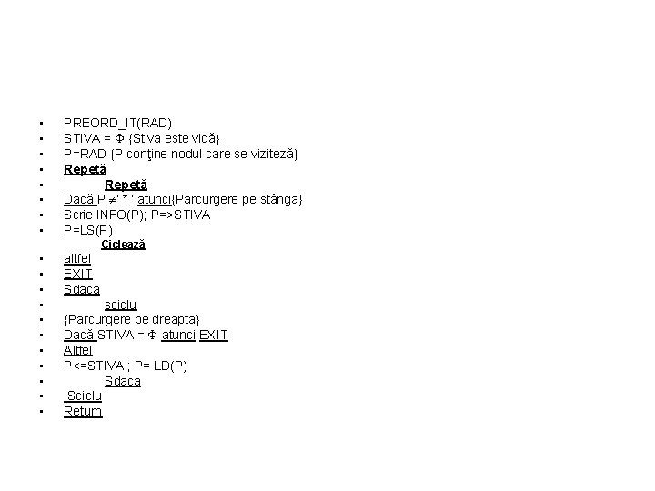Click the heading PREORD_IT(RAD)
(117, 122)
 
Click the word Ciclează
(124, 245)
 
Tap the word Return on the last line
(83, 411)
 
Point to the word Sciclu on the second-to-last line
(85, 396)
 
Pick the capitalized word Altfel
(78, 350)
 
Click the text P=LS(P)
(88, 230)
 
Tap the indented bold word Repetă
(126, 184)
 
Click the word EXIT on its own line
(78, 274)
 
